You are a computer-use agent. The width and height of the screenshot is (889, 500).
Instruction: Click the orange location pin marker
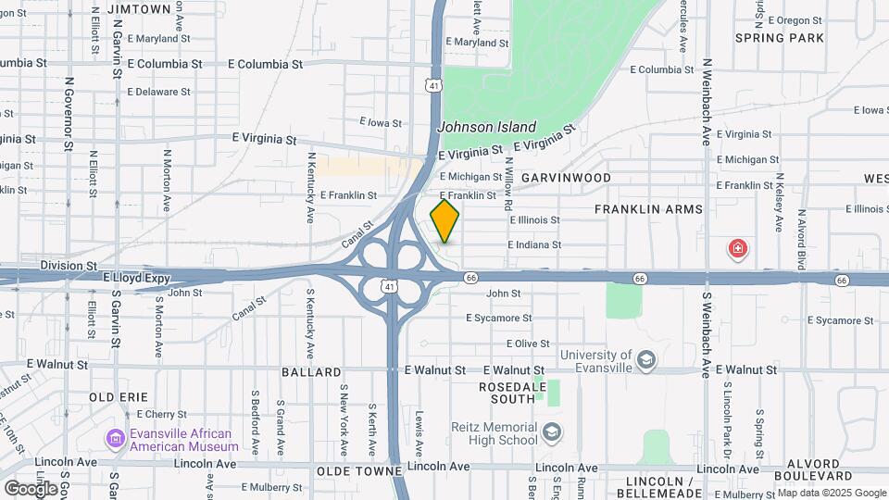click(444, 221)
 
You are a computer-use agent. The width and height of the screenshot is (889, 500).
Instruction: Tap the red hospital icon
click(737, 248)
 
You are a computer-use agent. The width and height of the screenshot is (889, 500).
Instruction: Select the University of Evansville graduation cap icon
click(645, 358)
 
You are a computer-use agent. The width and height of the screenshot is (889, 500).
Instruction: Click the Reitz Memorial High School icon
click(552, 432)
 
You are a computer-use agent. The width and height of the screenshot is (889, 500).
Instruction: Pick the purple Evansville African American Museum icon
click(117, 438)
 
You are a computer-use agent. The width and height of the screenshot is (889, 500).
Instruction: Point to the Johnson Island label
click(486, 127)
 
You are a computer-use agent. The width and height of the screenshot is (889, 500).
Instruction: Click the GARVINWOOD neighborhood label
click(566, 177)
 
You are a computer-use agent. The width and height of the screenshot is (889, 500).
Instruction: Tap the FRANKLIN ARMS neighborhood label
click(648, 209)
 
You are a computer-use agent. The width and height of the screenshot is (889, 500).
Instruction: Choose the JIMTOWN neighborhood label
click(139, 8)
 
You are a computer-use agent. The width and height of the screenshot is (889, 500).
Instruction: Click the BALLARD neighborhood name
click(312, 372)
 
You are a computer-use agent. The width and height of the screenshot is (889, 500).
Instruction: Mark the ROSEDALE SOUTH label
click(507, 393)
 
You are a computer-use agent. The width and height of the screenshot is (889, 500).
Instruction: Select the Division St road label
click(68, 265)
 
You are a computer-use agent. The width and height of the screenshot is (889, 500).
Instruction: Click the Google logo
click(31, 488)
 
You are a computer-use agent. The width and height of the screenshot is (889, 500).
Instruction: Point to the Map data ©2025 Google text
click(831, 493)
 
